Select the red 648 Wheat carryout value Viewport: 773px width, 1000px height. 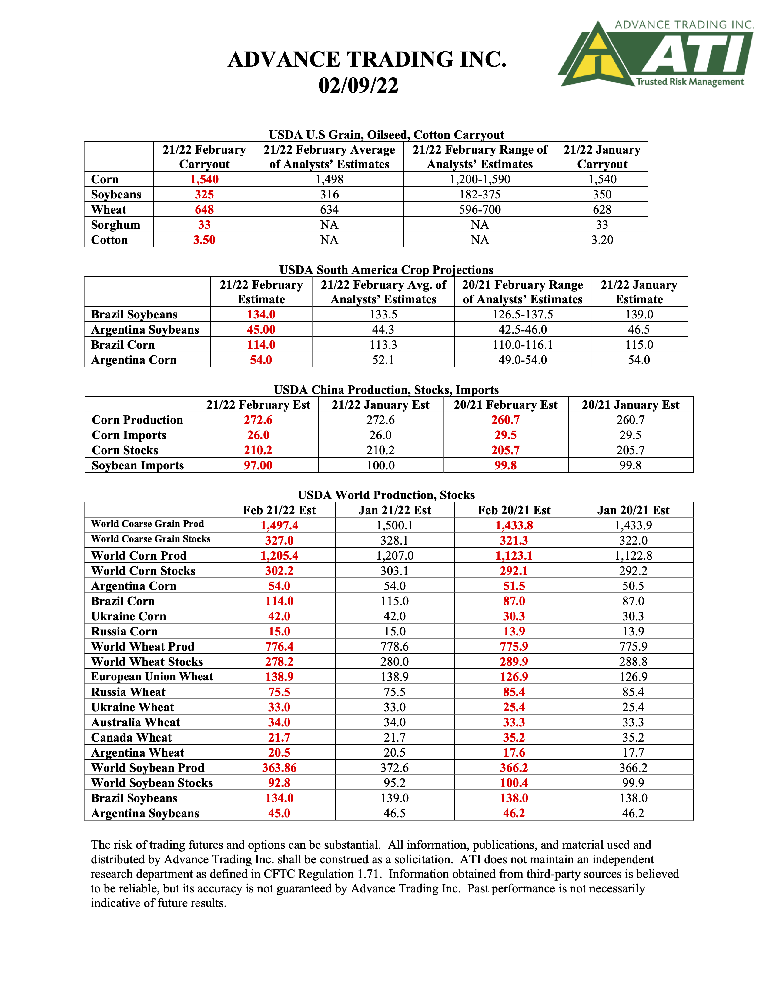coord(204,210)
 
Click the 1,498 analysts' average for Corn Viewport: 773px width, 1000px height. coord(329,179)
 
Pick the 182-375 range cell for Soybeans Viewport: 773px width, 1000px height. coord(480,195)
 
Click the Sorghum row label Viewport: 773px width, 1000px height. coord(115,225)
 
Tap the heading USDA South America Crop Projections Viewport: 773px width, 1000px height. coord(386,270)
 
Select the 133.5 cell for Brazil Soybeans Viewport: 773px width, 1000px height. coord(383,315)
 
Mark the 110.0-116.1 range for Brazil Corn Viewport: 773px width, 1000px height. coord(523,345)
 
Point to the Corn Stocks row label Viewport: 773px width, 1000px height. coord(125,450)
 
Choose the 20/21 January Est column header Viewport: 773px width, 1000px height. coord(630,405)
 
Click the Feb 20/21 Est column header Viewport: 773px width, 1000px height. coord(514,510)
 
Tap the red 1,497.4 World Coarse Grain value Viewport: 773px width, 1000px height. coord(279,525)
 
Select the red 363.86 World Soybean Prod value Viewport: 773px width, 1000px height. coord(279,768)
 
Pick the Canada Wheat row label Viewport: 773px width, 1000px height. coord(132,738)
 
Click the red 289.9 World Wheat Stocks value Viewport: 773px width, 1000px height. coord(514,662)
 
